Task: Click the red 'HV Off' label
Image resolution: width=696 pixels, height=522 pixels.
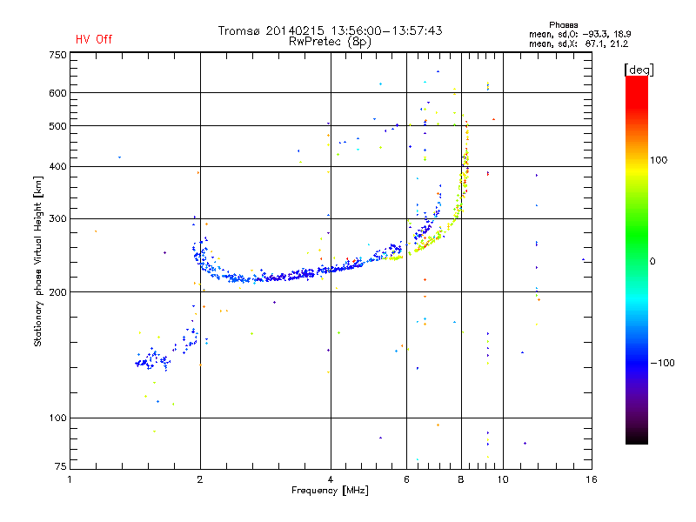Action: pyautogui.click(x=94, y=39)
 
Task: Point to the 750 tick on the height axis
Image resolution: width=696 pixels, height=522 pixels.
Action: pyautogui.click(x=57, y=55)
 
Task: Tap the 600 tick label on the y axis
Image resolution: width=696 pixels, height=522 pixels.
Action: pyautogui.click(x=57, y=93)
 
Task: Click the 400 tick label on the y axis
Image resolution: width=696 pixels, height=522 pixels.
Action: pyautogui.click(x=57, y=167)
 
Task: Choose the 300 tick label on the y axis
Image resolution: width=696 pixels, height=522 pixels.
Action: pyautogui.click(x=57, y=219)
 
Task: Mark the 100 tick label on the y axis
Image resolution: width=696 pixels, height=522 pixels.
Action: pyautogui.click(x=57, y=418)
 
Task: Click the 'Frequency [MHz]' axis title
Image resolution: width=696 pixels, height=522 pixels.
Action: pyautogui.click(x=330, y=491)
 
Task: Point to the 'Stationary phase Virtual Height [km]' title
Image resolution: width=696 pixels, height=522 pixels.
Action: pyautogui.click(x=38, y=261)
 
